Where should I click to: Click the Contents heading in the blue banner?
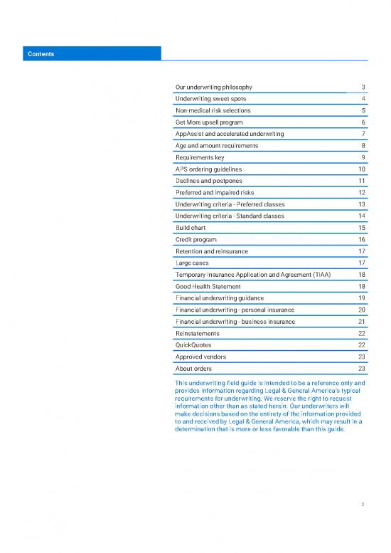click(41, 53)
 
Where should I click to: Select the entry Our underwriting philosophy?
click(213, 88)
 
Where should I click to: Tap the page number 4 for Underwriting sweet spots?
click(363, 99)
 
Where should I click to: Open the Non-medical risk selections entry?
click(213, 111)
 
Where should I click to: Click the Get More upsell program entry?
click(209, 122)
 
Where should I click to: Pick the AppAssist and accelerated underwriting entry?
click(230, 134)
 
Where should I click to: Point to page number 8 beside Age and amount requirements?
click(363, 146)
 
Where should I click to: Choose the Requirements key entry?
click(200, 157)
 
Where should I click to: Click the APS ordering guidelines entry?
click(208, 169)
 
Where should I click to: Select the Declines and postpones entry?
click(207, 181)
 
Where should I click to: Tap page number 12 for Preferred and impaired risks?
click(361, 192)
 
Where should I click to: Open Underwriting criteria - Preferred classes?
click(235, 204)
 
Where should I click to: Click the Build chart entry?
click(191, 227)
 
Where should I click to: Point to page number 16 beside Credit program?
click(361, 239)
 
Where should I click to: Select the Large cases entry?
click(192, 263)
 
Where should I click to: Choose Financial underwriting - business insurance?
click(235, 321)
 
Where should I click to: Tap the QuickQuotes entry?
click(193, 344)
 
